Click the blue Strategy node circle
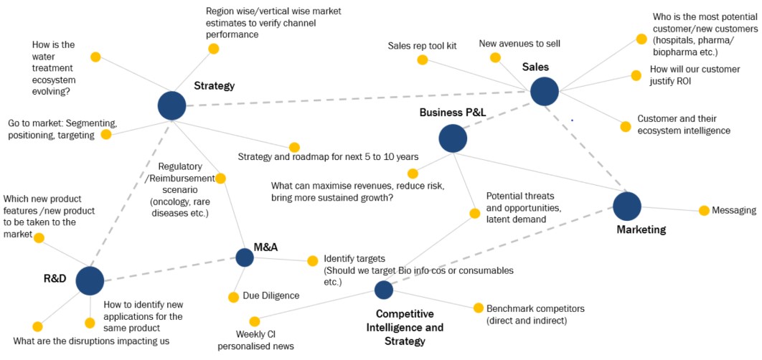click(171, 105)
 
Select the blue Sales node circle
click(544, 91)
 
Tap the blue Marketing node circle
click(626, 206)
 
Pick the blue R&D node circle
click(90, 280)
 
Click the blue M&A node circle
click(245, 257)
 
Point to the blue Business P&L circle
click(453, 138)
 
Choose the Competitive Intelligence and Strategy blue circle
click(384, 290)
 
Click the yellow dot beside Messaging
click(704, 210)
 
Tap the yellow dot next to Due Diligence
click(233, 297)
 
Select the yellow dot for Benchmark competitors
click(479, 308)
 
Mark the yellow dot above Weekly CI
click(254, 321)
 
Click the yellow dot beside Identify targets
click(312, 260)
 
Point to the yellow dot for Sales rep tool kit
click(428, 61)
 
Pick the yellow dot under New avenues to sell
click(495, 58)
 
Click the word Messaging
click(735, 210)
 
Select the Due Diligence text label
click(271, 295)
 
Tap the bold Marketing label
click(641, 230)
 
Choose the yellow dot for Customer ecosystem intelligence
click(625, 127)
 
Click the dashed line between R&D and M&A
click(169, 269)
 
